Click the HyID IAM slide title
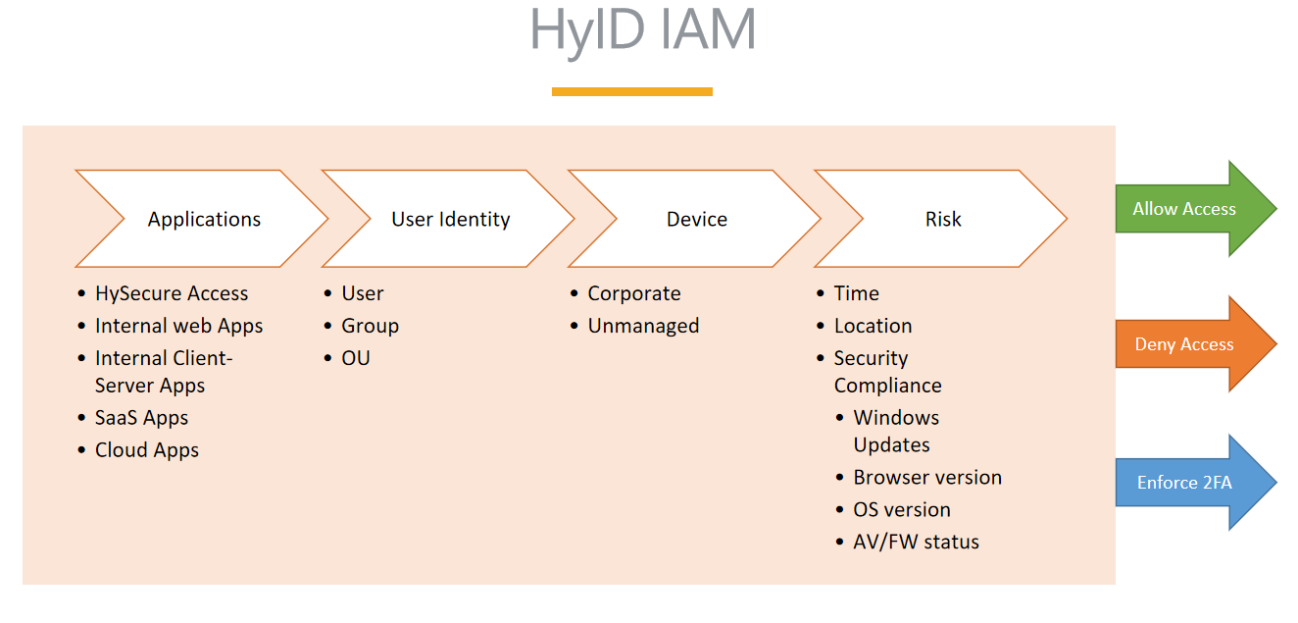click(642, 30)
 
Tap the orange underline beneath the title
click(632, 91)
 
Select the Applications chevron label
click(204, 219)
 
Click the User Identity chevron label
click(451, 219)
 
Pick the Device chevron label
click(696, 219)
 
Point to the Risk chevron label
click(943, 219)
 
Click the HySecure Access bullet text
click(172, 293)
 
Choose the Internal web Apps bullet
click(179, 326)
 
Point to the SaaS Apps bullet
click(141, 418)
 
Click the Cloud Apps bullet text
click(147, 450)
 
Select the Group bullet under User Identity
click(371, 326)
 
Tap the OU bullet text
click(356, 358)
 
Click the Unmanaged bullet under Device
click(643, 326)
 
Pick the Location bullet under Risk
click(873, 326)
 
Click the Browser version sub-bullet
click(927, 478)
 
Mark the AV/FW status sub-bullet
click(916, 542)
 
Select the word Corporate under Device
click(634, 293)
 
